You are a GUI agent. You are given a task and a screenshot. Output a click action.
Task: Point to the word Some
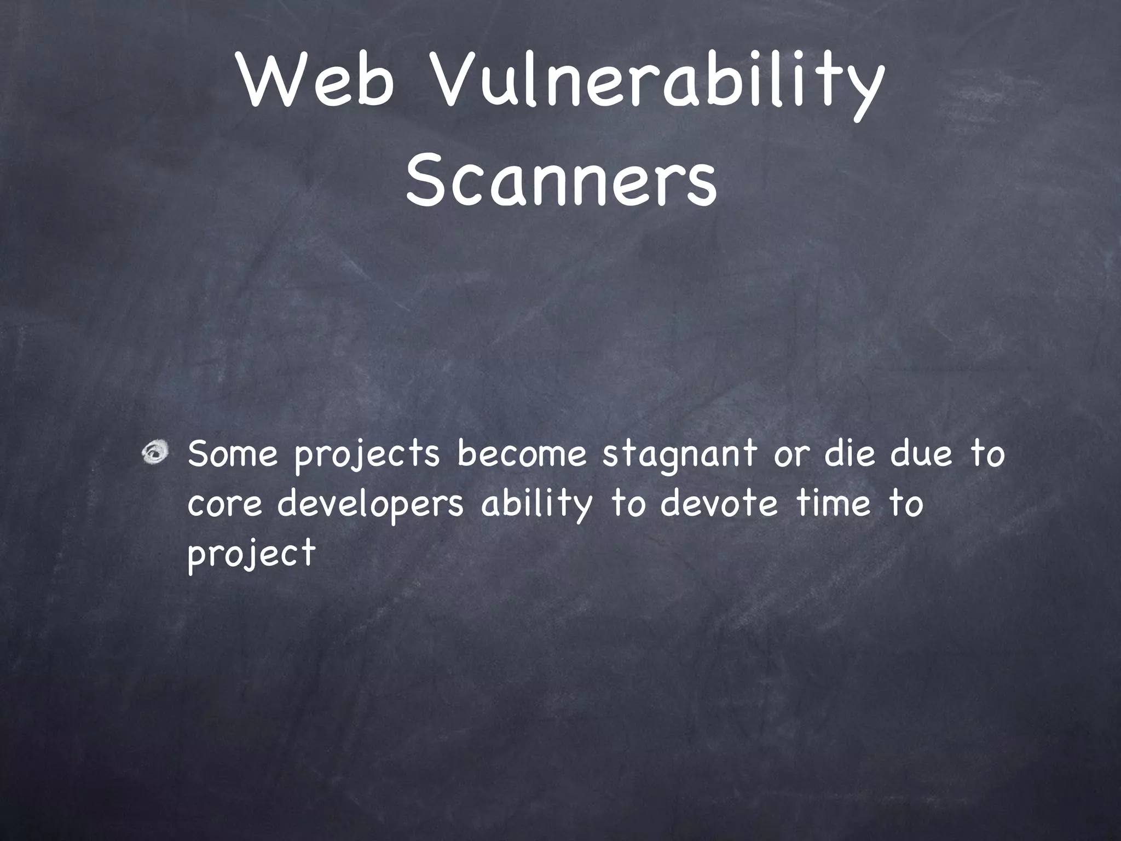pyautogui.click(x=233, y=454)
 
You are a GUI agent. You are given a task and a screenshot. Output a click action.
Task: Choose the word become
pyautogui.click(x=522, y=454)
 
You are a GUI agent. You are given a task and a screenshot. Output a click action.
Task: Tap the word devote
pyautogui.click(x=719, y=504)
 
